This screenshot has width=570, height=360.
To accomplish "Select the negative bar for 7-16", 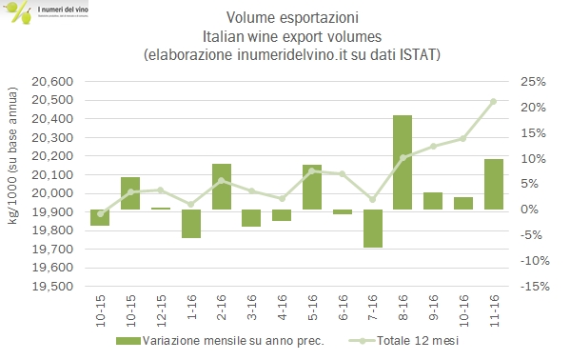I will click(372, 229).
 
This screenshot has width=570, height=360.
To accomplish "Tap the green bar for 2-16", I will click(221, 187).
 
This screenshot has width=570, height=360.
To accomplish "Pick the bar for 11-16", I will click(493, 184).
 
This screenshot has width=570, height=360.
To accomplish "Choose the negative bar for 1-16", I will click(191, 224).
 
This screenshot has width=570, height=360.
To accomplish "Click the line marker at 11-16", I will click(493, 101).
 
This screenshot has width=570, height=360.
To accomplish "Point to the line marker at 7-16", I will click(372, 199).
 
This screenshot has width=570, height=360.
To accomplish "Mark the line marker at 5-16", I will click(312, 170).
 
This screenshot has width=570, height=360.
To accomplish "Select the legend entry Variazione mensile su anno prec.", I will click(231, 341).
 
